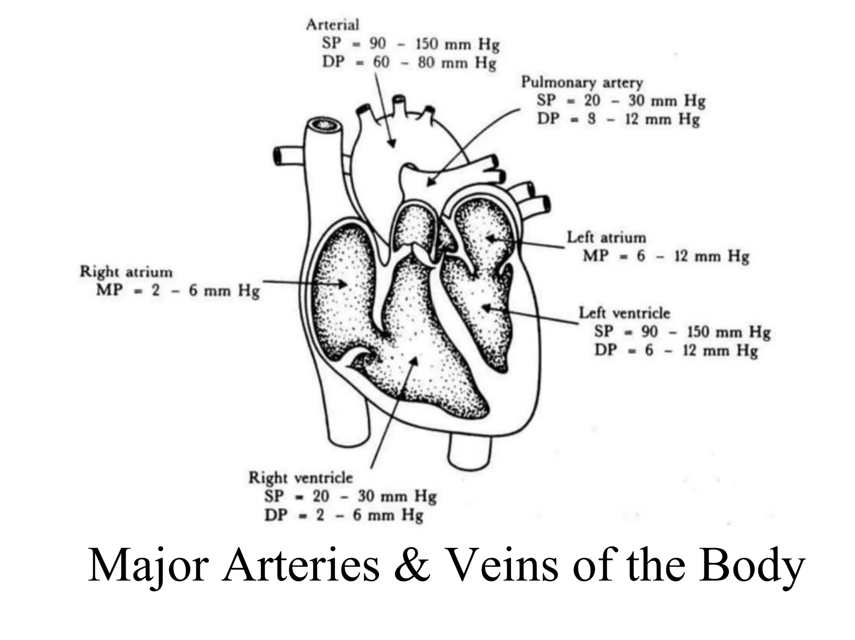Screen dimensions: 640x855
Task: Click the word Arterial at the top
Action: pyautogui.click(x=332, y=25)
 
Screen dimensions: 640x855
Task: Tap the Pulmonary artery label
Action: pyautogui.click(x=582, y=82)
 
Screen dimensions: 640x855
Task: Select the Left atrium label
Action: pyautogui.click(x=606, y=238)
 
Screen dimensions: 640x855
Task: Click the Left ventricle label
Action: pyautogui.click(x=624, y=313)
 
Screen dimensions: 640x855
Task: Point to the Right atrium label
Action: pyautogui.click(x=126, y=272)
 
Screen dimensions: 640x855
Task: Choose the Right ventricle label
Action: pyautogui.click(x=300, y=478)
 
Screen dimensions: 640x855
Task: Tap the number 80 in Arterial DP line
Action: pyautogui.click(x=426, y=63)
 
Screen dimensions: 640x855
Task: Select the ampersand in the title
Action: pyautogui.click(x=412, y=565)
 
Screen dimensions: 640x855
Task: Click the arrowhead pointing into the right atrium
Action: pyautogui.click(x=343, y=285)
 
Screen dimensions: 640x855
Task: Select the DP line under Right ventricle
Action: pyautogui.click(x=344, y=515)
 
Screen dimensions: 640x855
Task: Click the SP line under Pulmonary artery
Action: pyautogui.click(x=621, y=101)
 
